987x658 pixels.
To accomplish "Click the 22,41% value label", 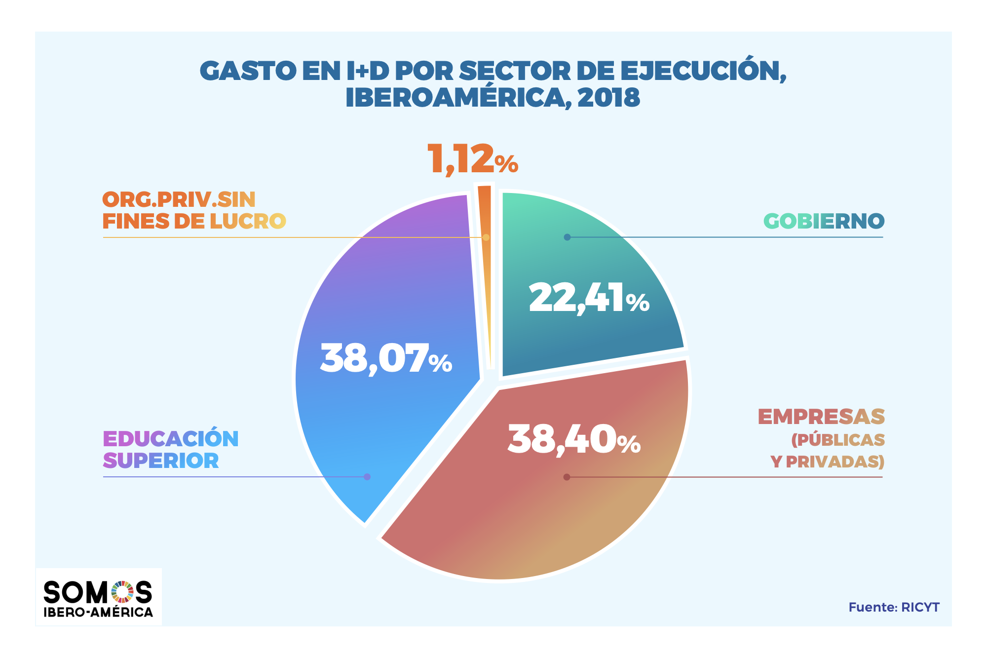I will pos(589,298).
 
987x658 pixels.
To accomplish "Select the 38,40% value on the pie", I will pos(574,439).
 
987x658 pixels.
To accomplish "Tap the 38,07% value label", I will pos(386,358).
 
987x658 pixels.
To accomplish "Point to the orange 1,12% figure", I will pos(472,159).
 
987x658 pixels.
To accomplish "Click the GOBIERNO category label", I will pos(824,221).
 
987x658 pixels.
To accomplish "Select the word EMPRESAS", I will pos(821,417).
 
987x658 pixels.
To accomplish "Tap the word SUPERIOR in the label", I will pos(161,461).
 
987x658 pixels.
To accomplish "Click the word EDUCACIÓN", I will pos(171,439).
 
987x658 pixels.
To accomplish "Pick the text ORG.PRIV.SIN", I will pos(179,200).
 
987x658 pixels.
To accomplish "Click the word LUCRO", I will pos(248,222).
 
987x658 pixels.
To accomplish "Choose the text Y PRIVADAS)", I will pos(827,462).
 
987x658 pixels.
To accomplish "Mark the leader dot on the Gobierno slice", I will pos(567,237).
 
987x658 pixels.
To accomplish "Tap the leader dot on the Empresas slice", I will pos(567,477).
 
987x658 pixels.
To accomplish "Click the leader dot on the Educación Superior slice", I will pos(367,477).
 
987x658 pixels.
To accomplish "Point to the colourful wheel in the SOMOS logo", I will pos(122,592).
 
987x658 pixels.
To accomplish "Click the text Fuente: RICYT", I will pos(894,607).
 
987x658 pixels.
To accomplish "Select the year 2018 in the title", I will pos(608,98).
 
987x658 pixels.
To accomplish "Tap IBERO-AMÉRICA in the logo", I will pos(98,613).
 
